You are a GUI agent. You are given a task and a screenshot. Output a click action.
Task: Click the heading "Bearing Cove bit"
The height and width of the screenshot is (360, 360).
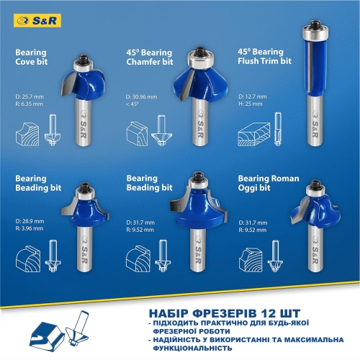point(31,58)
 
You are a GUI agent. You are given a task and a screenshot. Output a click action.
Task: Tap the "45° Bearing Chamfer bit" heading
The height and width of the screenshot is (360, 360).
point(149,58)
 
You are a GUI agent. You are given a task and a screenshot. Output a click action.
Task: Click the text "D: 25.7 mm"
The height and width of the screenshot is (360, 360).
point(30,96)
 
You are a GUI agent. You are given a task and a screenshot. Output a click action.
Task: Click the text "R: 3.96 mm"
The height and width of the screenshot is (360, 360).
point(30,228)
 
